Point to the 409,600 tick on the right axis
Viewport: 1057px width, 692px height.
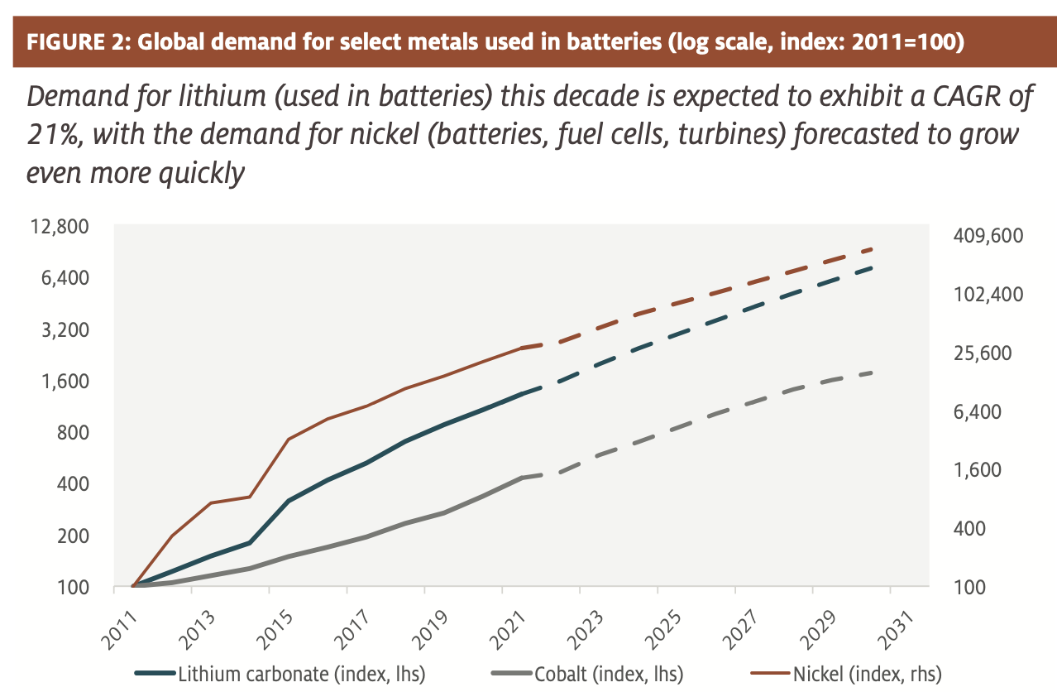pyautogui.click(x=988, y=237)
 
